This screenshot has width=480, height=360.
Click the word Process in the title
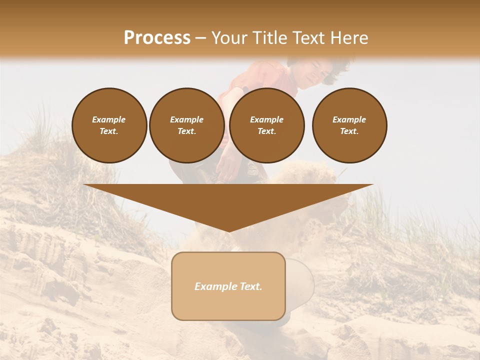pos(157,38)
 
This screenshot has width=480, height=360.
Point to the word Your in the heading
pos(230,38)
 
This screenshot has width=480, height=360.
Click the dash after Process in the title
pos(201,38)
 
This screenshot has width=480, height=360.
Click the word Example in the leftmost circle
pos(109,119)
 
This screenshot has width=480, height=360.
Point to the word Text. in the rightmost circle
pos(349,131)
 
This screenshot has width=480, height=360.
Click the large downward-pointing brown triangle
pos(228,202)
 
